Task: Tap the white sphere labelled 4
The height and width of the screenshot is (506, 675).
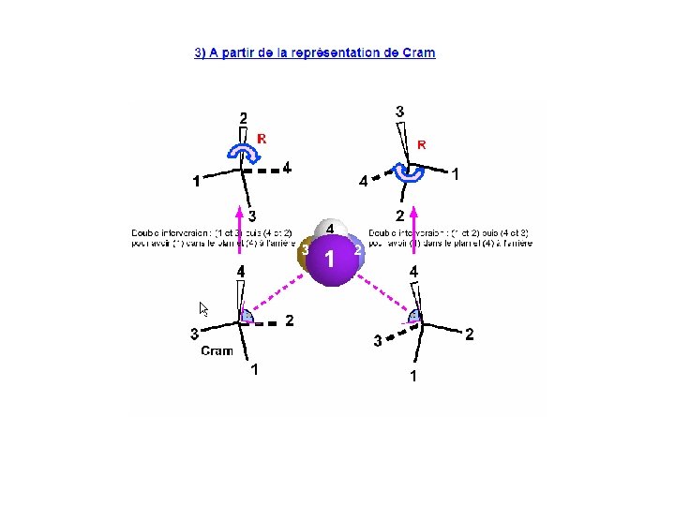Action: pos(331,230)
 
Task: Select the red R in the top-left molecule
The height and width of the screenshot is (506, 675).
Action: pos(262,139)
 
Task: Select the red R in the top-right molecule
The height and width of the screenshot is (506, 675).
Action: pos(422,144)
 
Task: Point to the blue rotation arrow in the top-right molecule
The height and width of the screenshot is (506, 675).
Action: pos(408,172)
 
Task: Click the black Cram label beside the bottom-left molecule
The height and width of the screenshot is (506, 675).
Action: pos(217,351)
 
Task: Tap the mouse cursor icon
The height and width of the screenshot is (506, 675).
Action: pos(203,309)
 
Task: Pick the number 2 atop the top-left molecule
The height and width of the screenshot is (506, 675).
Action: pos(243,118)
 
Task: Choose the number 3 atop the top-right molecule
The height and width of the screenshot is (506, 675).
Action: pos(400,112)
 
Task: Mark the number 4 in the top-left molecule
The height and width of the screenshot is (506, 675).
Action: pos(286,168)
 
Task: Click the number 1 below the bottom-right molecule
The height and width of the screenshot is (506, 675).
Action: pos(412,377)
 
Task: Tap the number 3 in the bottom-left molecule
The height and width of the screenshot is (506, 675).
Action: pos(193,333)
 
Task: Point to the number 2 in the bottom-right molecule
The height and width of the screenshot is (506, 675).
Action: pos(470,334)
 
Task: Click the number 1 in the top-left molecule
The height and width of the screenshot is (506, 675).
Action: pos(196,182)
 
